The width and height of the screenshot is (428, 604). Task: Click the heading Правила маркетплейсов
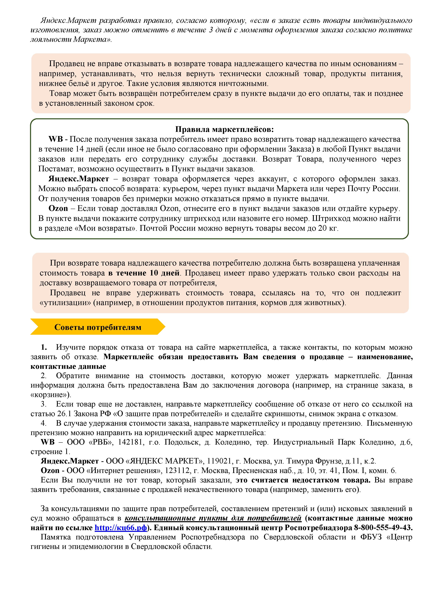[225, 129]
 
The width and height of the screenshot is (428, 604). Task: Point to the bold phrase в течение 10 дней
[144, 273]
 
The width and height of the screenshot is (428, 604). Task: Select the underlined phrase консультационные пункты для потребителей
[213, 518]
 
